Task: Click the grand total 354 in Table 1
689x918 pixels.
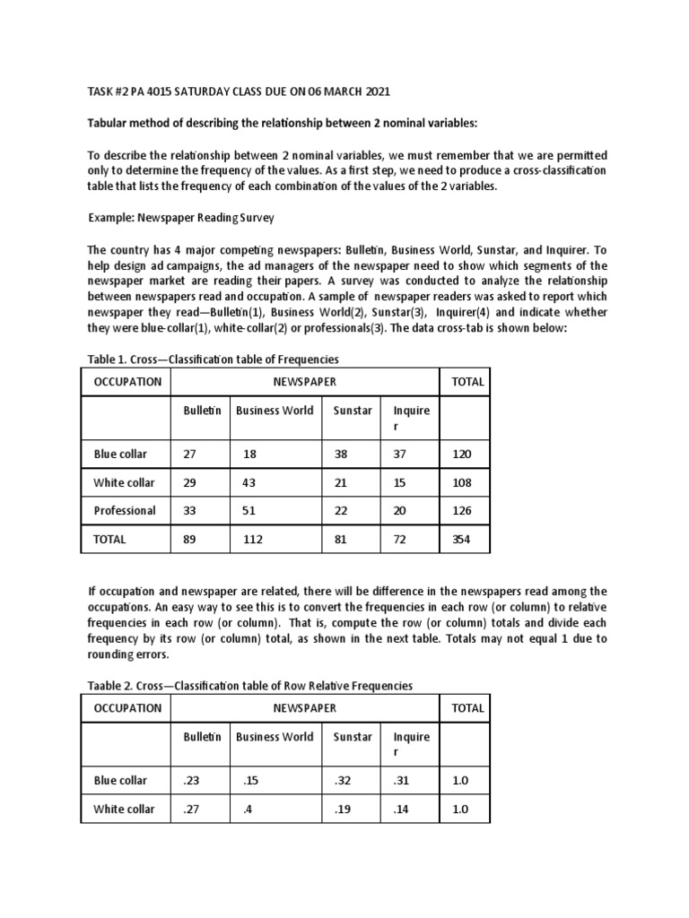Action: [x=461, y=540]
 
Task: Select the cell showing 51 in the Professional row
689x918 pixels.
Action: [x=250, y=511]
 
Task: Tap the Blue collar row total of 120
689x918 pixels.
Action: [x=461, y=455]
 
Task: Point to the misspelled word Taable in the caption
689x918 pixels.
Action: [x=104, y=686]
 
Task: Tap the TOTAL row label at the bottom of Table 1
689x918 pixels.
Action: [x=110, y=540]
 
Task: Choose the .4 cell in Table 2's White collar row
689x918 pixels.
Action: [x=247, y=810]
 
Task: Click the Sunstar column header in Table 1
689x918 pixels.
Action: [x=352, y=411]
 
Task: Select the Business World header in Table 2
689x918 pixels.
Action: [x=275, y=737]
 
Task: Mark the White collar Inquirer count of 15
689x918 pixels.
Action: [x=399, y=483]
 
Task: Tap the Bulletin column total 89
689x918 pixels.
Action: [x=189, y=540]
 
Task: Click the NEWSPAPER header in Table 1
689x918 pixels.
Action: [x=306, y=382]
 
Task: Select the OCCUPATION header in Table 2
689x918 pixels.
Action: [x=127, y=708]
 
